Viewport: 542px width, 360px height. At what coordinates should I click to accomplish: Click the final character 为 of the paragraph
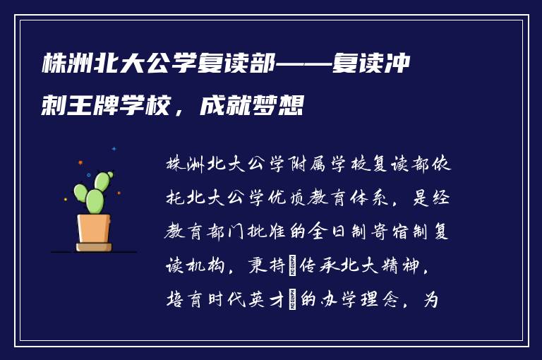(430, 300)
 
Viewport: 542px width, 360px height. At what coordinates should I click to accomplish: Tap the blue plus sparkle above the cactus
(114, 149)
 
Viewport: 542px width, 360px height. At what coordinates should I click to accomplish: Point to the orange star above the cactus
(80, 162)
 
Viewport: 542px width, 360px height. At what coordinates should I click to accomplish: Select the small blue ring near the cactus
(88, 174)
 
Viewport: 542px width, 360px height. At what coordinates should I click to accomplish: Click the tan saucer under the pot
(94, 247)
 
